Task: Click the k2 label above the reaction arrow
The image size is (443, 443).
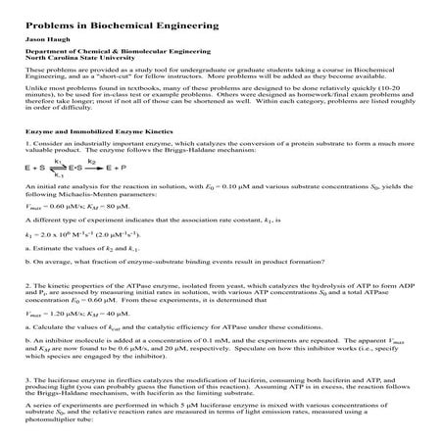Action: click(91, 161)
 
